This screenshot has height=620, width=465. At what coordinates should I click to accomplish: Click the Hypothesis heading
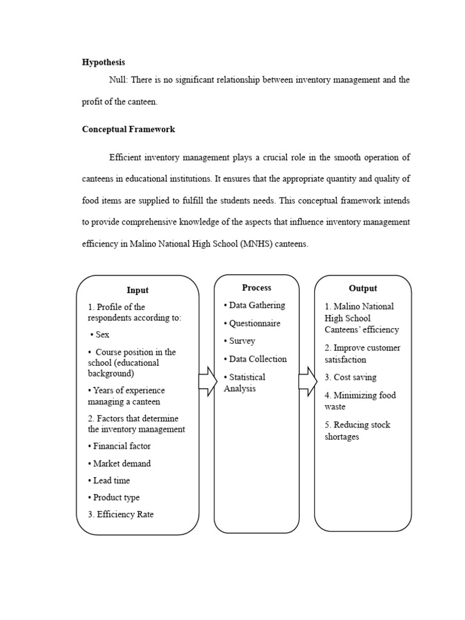pos(104,62)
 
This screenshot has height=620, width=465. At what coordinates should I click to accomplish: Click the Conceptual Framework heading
pos(128,129)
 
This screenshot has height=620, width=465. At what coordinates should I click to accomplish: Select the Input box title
pos(137,290)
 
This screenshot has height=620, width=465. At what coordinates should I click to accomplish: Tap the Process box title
pos(257,288)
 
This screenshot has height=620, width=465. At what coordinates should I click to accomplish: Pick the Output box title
pos(363,288)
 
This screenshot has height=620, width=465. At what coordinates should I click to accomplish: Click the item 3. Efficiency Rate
pos(121,514)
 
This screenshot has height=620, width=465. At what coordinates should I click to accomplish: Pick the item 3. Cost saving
pos(351,377)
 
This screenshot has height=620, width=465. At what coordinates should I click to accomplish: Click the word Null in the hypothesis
pos(119,81)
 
